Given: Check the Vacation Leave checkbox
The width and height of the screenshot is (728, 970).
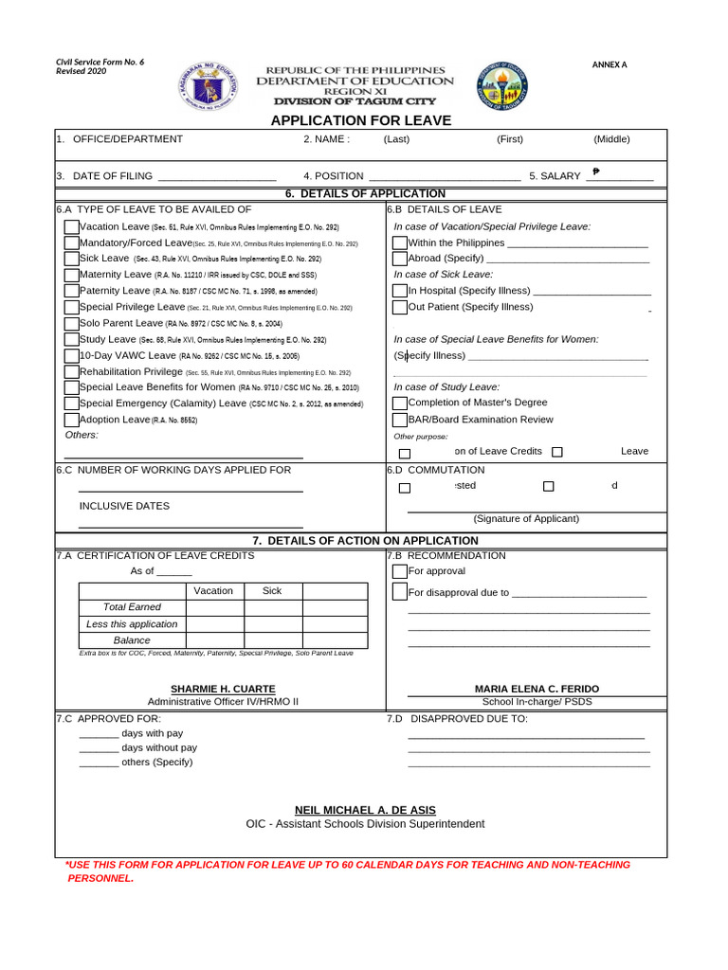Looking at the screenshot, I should click(72, 227).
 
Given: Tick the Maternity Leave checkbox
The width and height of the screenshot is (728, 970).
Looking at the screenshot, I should click(72, 275).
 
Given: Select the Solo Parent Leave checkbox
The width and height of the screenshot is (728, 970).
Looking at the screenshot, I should click(72, 323).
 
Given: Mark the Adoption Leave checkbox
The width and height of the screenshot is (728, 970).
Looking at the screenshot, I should click(72, 420).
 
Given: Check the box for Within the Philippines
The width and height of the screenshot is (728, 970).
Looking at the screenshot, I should click(400, 243).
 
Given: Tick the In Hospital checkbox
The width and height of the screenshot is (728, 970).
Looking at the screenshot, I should click(400, 291).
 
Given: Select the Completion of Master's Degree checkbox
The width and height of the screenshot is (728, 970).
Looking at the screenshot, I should click(400, 404).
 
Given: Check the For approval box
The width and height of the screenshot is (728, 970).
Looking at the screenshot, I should click(400, 572).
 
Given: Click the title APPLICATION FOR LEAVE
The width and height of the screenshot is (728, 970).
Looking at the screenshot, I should click(361, 120).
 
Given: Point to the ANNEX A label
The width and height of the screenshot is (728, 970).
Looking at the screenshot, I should click(610, 64).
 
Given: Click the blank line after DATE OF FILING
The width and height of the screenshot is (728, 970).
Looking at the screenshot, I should click(217, 177).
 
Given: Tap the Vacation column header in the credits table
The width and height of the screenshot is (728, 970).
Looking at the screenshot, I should click(213, 591).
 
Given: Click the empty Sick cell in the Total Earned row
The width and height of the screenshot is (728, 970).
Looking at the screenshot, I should click(272, 607).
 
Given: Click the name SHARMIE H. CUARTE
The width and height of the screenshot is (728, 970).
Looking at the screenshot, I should click(223, 689).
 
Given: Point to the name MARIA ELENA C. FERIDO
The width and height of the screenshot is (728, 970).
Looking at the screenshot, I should click(537, 689).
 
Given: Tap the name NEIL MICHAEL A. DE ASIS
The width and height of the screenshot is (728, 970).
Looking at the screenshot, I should click(365, 810).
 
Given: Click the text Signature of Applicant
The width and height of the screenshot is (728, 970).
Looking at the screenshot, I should click(526, 518).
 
